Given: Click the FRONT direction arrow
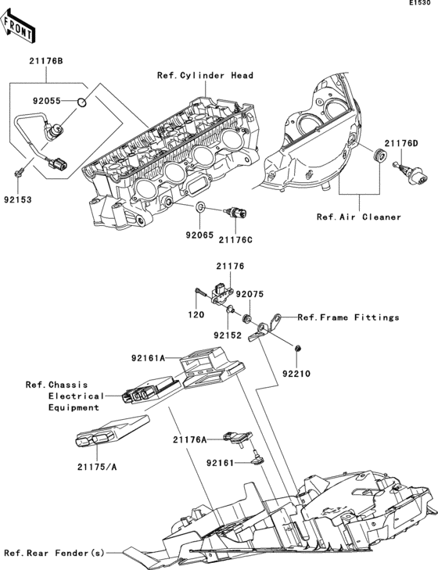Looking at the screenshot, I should pyautogui.click(x=20, y=29).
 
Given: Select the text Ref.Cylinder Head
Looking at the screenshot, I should pyautogui.click(x=205, y=75).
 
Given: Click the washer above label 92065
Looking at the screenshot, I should pyautogui.click(x=201, y=207).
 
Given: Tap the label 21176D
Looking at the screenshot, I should pyautogui.click(x=401, y=143).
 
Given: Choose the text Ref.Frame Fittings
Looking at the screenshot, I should pyautogui.click(x=348, y=317).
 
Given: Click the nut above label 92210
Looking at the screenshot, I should pyautogui.click(x=300, y=346).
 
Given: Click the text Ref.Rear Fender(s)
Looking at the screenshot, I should pyautogui.click(x=54, y=553).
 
